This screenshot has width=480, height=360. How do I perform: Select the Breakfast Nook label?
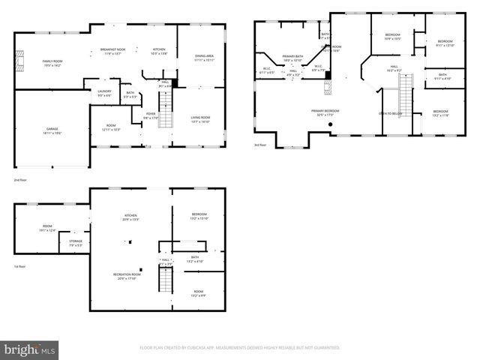tap(113, 51)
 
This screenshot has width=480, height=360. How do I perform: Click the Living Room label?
tap(199, 118)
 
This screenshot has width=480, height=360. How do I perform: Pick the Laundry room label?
tap(104, 93)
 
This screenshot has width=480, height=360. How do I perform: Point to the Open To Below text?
tap(390, 113)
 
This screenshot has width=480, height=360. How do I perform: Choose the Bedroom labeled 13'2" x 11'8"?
tap(439, 113)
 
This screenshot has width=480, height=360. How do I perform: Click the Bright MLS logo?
tap(31, 349)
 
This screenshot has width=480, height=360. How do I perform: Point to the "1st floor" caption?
tap(19, 266)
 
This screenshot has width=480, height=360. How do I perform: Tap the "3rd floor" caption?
tap(259, 145)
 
